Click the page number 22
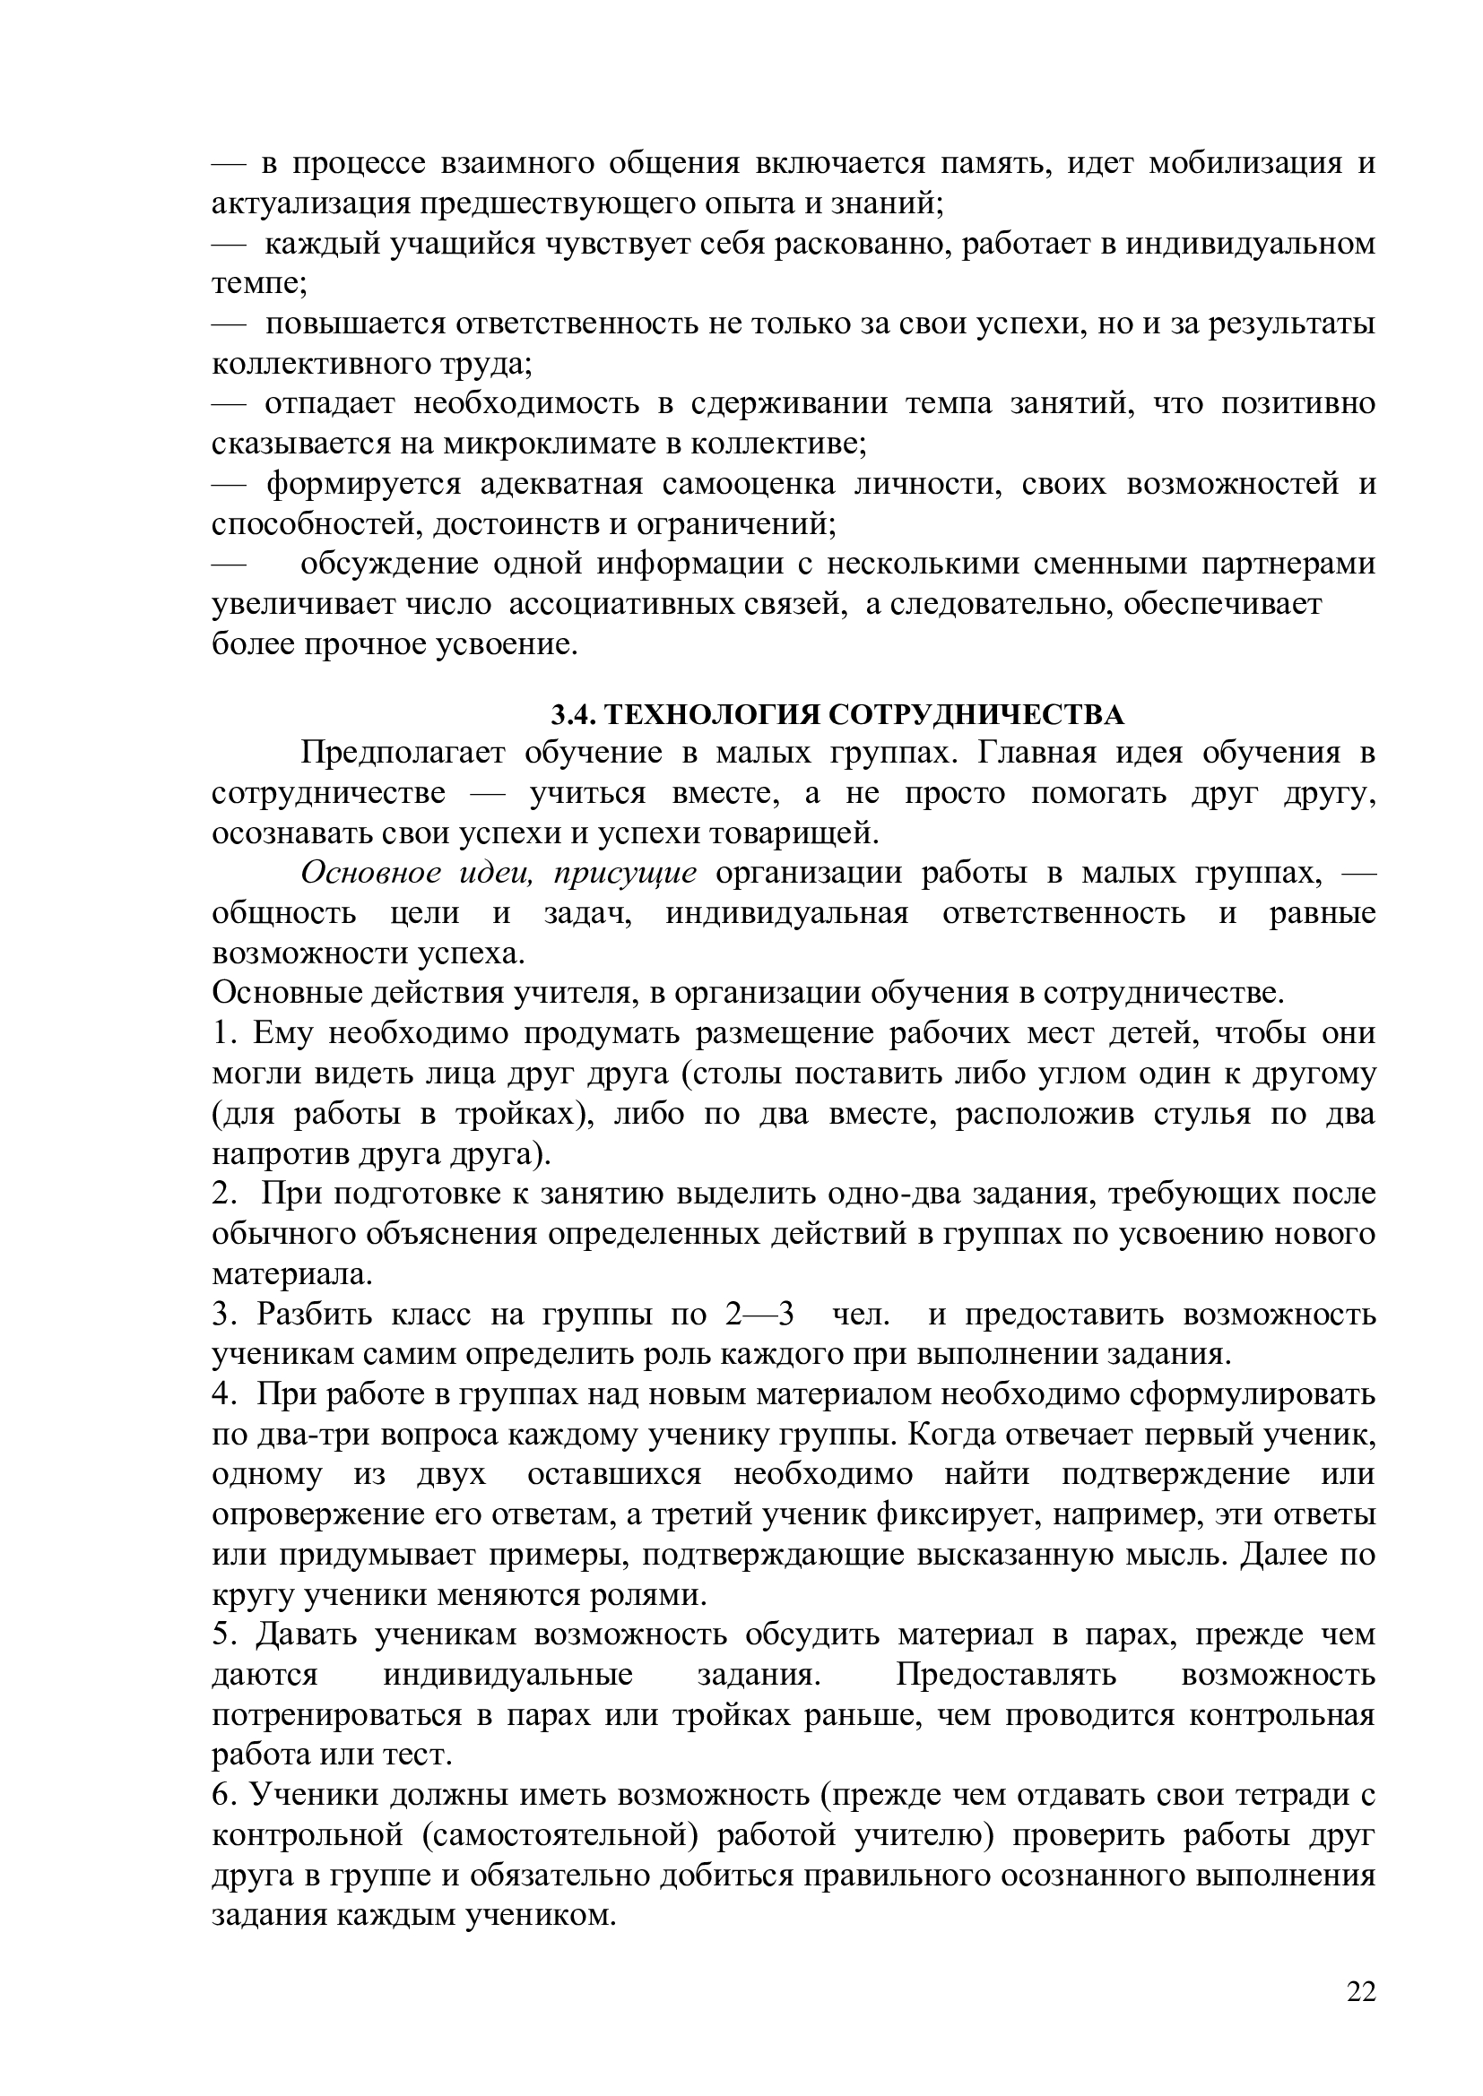(x=1361, y=1992)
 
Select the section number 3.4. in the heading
(x=573, y=714)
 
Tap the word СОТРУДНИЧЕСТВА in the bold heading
(x=976, y=714)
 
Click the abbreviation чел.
(x=860, y=1315)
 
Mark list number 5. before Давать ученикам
(x=224, y=1635)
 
